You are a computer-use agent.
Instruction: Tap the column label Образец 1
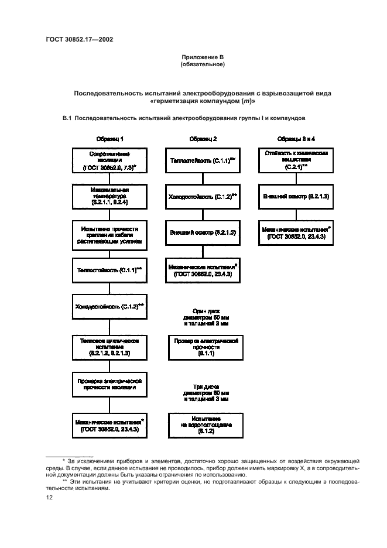pyautogui.click(x=110, y=139)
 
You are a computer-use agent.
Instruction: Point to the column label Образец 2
pyautogui.click(x=203, y=139)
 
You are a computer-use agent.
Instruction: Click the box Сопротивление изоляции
pyautogui.click(x=110, y=159)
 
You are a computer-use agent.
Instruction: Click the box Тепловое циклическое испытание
pyautogui.click(x=110, y=347)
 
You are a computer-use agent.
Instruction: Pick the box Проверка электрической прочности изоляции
pyautogui.click(x=110, y=383)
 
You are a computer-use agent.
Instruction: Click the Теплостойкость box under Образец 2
pyautogui.click(x=203, y=159)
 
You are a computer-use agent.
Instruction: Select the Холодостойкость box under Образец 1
pyautogui.click(x=110, y=306)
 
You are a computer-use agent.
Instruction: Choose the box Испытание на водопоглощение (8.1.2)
pyautogui.click(x=203, y=424)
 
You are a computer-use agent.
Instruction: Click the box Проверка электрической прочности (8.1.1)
pyautogui.click(x=203, y=347)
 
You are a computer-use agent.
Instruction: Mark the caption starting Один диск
pyautogui.click(x=203, y=318)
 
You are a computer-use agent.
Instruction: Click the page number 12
pyautogui.click(x=50, y=497)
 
